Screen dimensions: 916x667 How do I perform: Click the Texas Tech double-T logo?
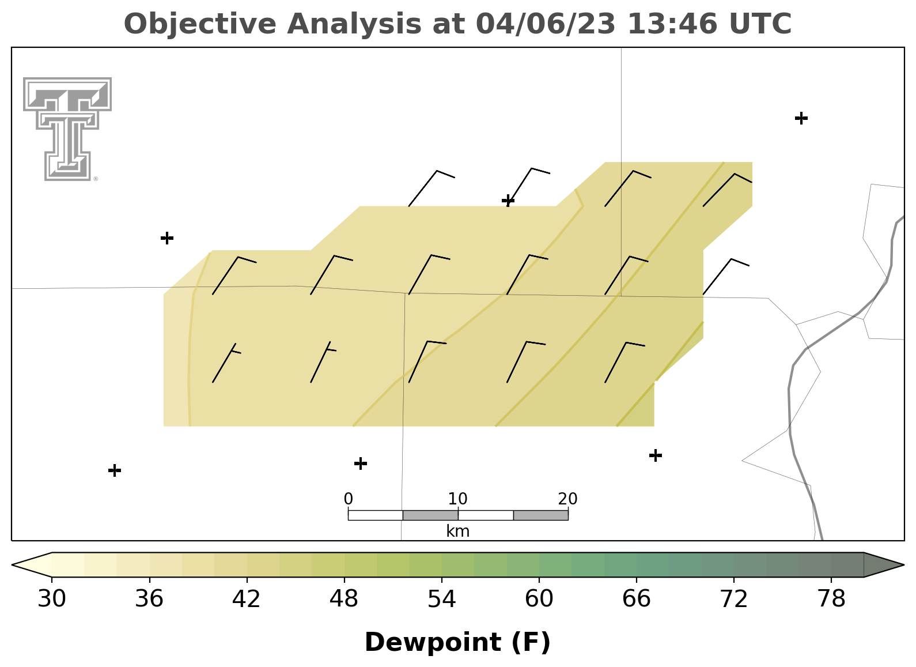click(67, 129)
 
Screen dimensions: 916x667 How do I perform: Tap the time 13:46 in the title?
click(672, 24)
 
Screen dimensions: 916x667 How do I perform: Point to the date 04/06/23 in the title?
click(546, 24)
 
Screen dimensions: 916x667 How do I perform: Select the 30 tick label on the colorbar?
click(51, 598)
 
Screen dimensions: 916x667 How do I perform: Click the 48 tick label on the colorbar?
click(344, 598)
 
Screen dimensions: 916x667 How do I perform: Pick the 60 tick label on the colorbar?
click(539, 598)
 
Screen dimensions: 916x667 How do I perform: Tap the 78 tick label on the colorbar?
click(831, 598)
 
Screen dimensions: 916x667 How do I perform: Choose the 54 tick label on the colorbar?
click(442, 598)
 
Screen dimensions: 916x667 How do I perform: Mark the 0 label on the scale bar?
click(349, 499)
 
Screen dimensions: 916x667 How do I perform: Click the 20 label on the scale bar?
click(567, 499)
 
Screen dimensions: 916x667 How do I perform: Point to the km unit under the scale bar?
click(457, 531)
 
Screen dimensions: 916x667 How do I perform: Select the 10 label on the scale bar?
click(457, 499)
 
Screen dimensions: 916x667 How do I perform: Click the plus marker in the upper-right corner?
click(801, 118)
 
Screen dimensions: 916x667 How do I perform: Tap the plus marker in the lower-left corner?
click(115, 470)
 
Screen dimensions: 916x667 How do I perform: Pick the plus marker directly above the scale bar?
click(360, 463)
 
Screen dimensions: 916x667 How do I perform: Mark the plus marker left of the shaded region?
click(167, 238)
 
